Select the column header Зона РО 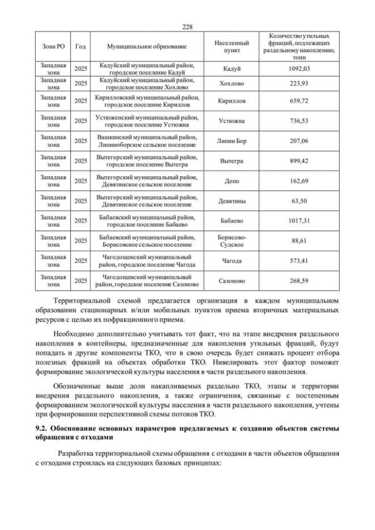point(54,46)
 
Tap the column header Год point(81,46)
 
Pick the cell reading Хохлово point(232,84)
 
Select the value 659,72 point(299,101)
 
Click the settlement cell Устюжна point(232,121)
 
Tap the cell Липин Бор point(232,141)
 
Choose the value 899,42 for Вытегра point(299,161)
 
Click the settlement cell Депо point(232,181)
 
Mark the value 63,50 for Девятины point(299,201)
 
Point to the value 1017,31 point(299,221)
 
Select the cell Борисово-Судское point(232,241)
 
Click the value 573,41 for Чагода point(299,261)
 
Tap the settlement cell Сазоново point(232,281)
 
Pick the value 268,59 point(299,281)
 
